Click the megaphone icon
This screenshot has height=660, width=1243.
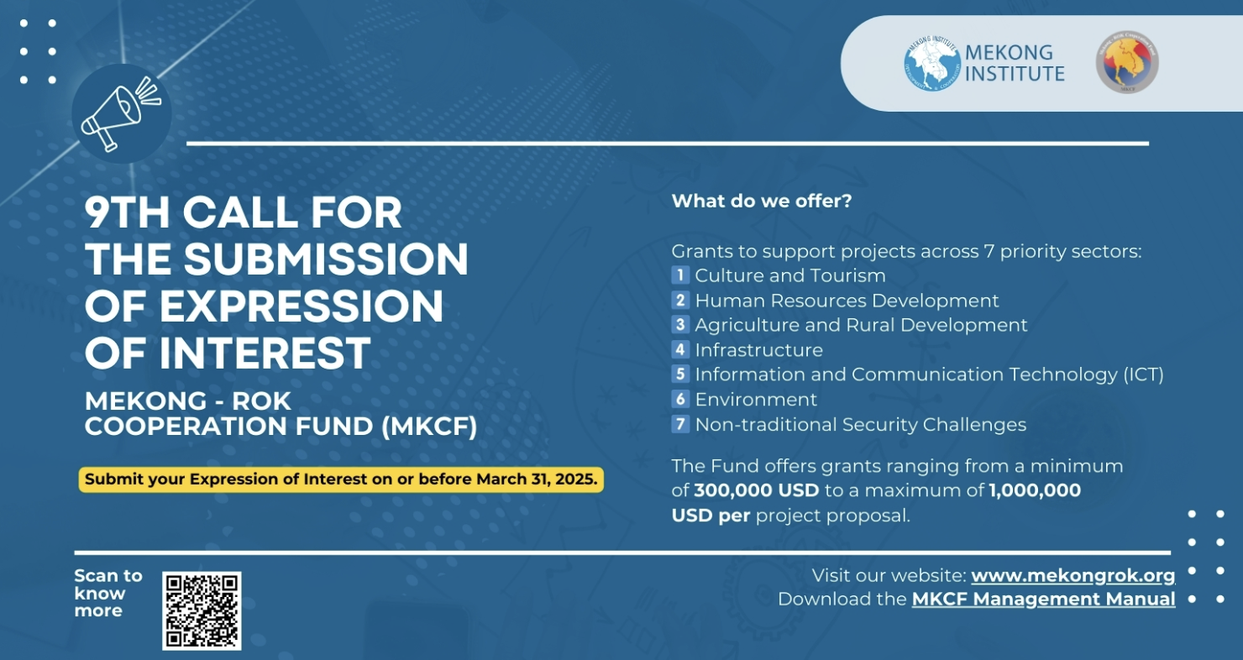tap(120, 113)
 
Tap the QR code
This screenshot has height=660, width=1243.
tap(202, 610)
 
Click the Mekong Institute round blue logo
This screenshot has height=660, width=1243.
tap(931, 64)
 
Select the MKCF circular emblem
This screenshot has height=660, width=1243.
tap(1127, 63)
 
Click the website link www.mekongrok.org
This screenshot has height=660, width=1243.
tap(1073, 576)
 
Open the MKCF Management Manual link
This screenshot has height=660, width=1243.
tap(1043, 600)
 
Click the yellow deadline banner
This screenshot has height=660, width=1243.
tap(341, 480)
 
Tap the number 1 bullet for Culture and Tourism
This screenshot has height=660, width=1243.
tap(680, 275)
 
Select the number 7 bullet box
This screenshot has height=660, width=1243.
tap(680, 424)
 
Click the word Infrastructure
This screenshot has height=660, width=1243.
tap(758, 350)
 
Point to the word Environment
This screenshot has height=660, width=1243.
tap(756, 400)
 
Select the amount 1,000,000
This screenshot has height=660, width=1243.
tap(1035, 490)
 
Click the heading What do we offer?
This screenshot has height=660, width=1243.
tap(762, 202)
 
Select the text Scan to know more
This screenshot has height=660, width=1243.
tap(108, 593)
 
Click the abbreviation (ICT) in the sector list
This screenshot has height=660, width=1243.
tap(1143, 375)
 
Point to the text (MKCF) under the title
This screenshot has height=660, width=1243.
tap(429, 427)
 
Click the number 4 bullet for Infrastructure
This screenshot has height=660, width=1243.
tap(680, 350)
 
